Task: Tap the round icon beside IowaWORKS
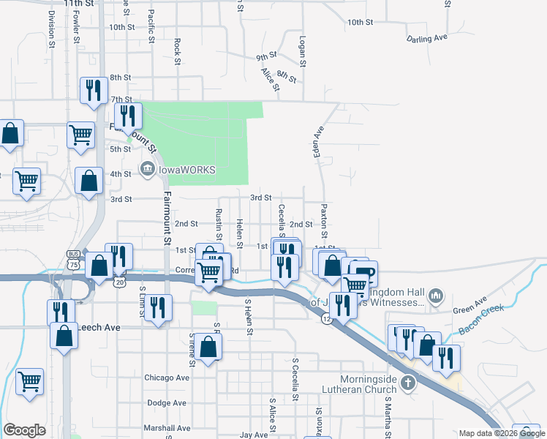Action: [x=147, y=170]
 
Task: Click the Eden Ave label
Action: [x=318, y=140]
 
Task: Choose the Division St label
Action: [x=52, y=29]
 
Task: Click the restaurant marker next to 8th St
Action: [x=93, y=90]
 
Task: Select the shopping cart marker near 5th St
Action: [x=80, y=134]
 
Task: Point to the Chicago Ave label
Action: [x=167, y=378]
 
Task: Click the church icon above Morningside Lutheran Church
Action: [x=409, y=382]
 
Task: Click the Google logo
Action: [x=24, y=430]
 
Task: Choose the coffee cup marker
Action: [x=364, y=274]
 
